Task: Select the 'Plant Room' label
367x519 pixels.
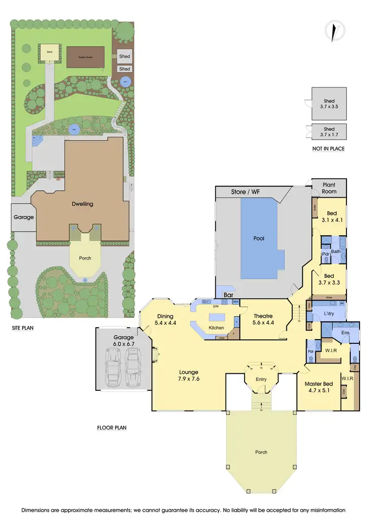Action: (x=329, y=188)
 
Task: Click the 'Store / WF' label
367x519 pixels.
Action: (x=246, y=192)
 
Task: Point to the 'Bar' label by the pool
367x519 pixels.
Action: (x=228, y=296)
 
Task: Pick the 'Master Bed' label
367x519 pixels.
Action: (x=319, y=384)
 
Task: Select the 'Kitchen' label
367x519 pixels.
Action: (x=216, y=327)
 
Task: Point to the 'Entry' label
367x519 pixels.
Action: (x=261, y=379)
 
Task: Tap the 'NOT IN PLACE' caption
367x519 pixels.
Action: (x=328, y=148)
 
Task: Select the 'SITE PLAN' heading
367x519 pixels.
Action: (x=23, y=328)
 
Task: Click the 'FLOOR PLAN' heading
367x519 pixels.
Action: (x=112, y=428)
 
